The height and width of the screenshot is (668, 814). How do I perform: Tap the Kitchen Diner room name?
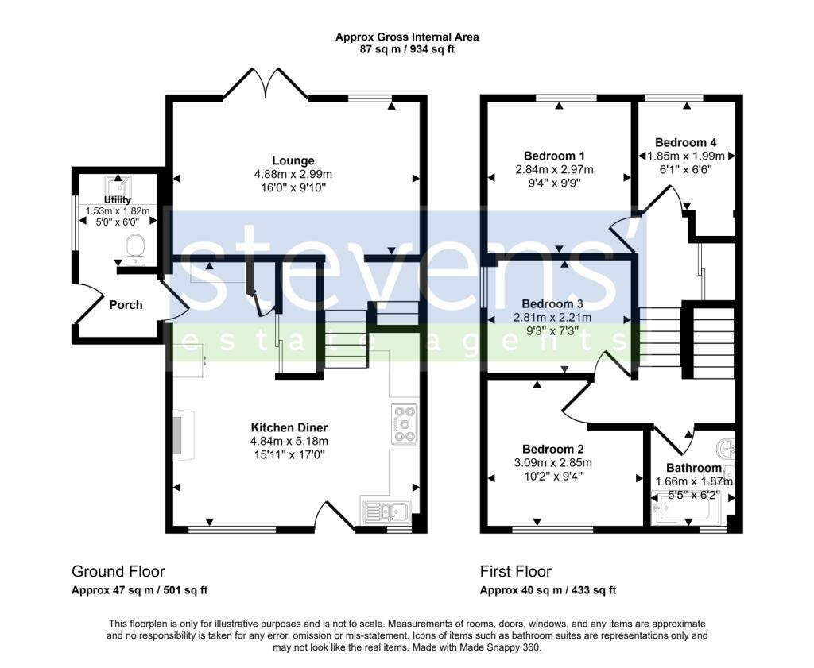click(289, 427)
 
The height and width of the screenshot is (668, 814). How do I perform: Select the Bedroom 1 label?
click(554, 156)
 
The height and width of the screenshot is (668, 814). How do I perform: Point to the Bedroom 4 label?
click(686, 142)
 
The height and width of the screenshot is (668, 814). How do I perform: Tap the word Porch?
click(126, 304)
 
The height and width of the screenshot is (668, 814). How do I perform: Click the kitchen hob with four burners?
click(404, 423)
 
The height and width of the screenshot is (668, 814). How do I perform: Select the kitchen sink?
click(386, 511)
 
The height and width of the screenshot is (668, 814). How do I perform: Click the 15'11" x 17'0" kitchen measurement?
click(289, 454)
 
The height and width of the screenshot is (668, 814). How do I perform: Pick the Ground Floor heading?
click(118, 571)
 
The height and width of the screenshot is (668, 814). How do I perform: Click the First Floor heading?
click(515, 571)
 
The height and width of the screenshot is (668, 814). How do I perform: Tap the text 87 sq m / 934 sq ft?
click(406, 49)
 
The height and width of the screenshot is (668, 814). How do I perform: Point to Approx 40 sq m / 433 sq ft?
click(548, 590)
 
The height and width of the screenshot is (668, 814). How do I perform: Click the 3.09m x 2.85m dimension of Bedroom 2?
click(554, 462)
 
